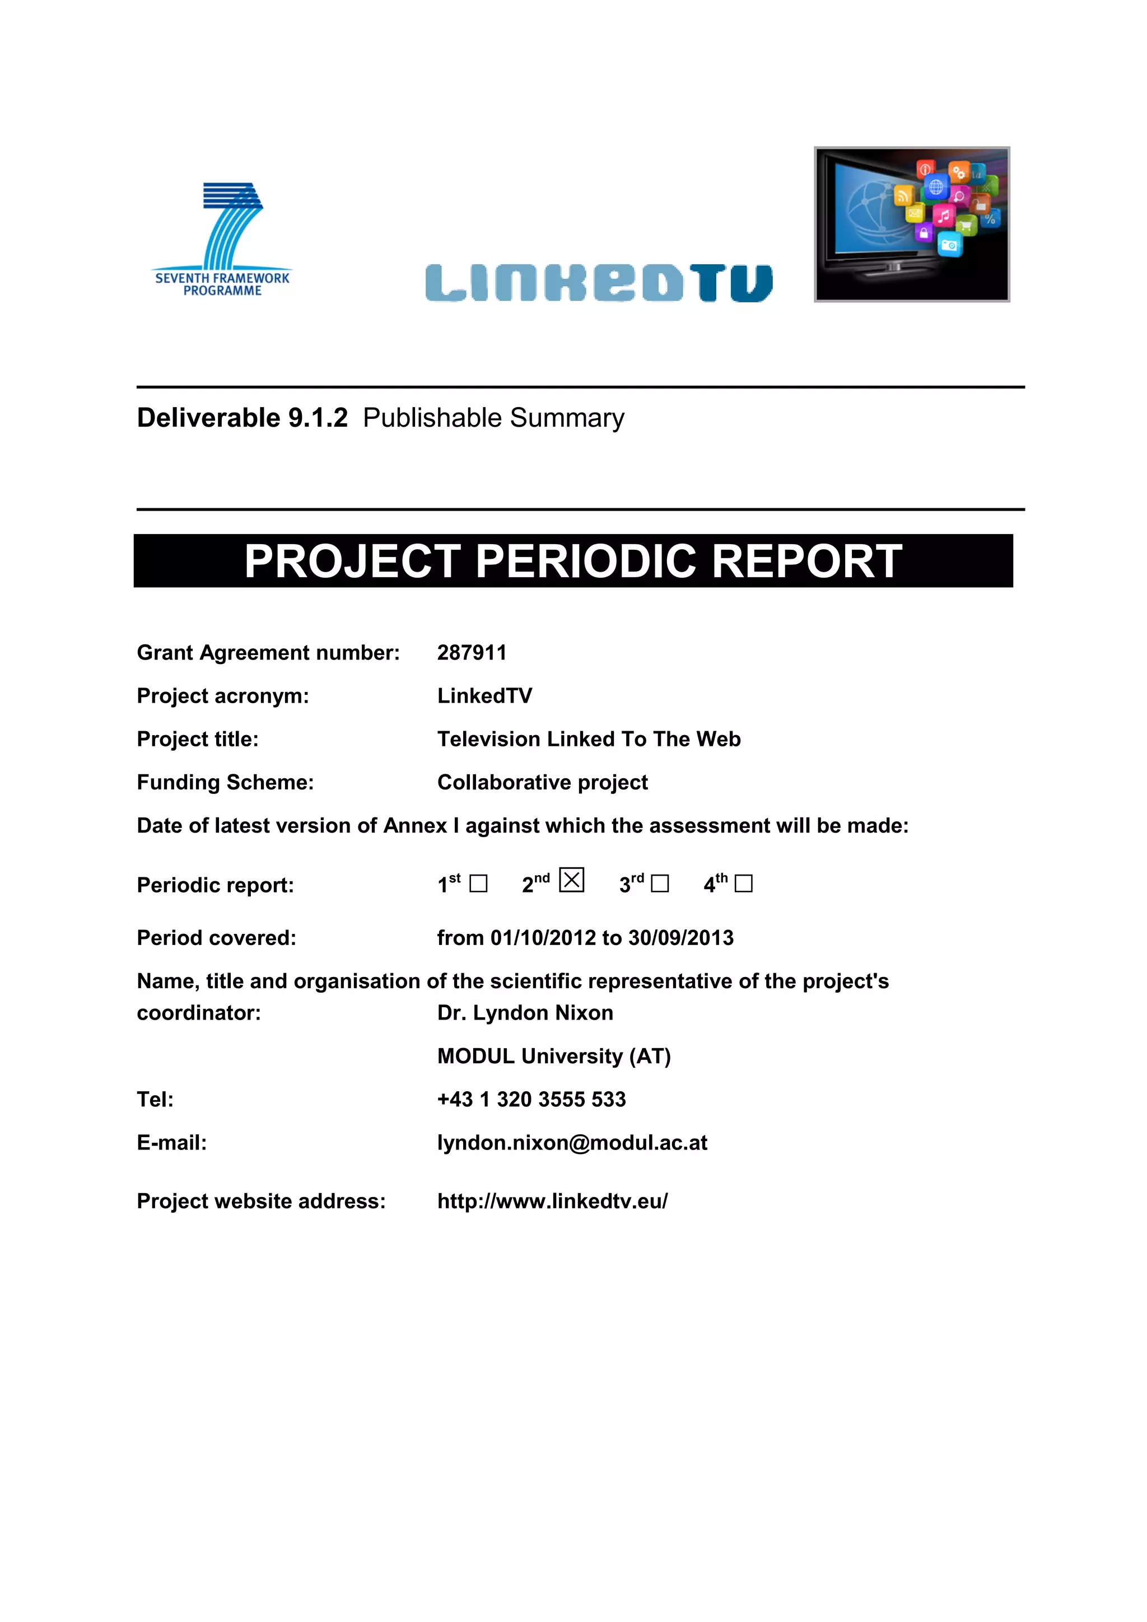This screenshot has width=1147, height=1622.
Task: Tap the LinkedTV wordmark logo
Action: [x=599, y=283]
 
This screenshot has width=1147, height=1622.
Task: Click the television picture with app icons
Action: [x=912, y=224]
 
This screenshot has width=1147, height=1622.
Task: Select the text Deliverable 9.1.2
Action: [x=242, y=418]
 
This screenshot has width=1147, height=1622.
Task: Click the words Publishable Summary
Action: [x=493, y=418]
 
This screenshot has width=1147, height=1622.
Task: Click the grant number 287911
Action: [x=472, y=652]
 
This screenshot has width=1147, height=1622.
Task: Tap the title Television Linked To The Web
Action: [x=589, y=739]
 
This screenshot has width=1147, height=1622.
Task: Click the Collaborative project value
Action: [x=542, y=782]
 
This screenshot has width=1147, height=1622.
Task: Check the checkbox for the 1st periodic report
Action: [x=478, y=884]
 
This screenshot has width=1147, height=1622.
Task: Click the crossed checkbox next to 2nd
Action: [x=571, y=880]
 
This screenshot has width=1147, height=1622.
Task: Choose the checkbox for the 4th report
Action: [x=743, y=884]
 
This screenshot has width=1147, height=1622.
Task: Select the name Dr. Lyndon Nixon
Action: [x=525, y=1012]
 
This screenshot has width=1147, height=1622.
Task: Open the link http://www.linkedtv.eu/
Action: [x=552, y=1201]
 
